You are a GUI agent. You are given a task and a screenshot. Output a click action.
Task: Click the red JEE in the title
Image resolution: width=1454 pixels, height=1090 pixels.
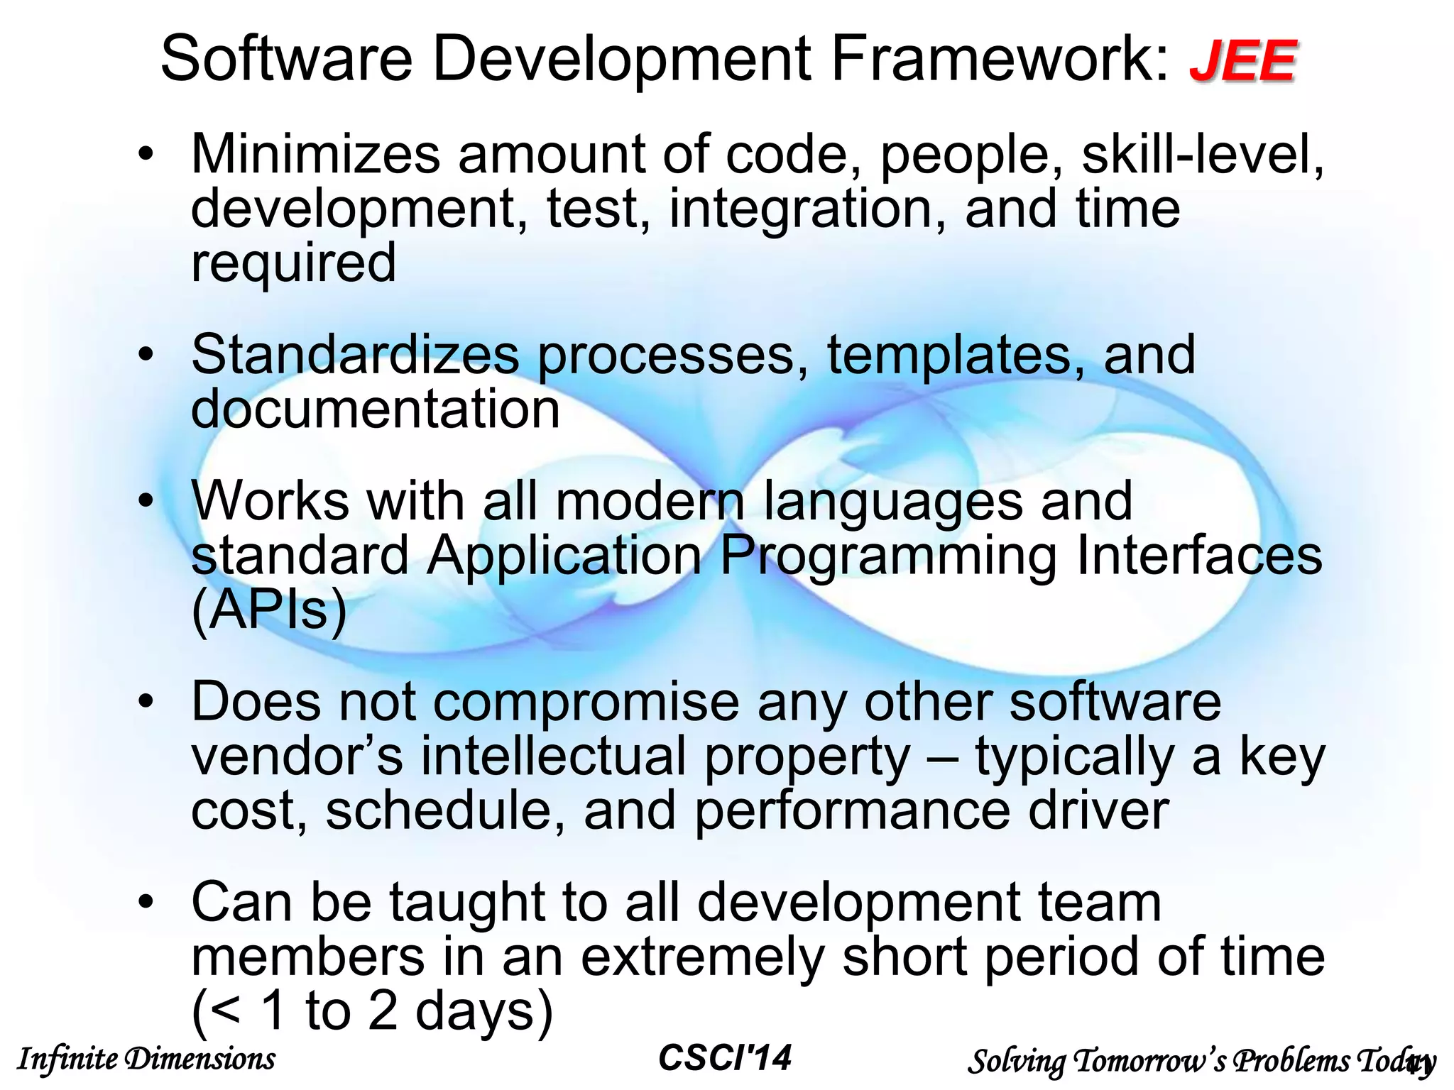point(1242,62)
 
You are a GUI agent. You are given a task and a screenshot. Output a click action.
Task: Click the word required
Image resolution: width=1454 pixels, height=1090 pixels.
point(293,264)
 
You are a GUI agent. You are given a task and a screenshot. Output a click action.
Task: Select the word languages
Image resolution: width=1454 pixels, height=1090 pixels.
point(893,502)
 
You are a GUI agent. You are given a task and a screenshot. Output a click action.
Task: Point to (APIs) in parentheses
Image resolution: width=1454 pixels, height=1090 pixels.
point(269,610)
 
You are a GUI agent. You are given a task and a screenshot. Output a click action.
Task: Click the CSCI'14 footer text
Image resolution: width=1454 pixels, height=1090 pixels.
point(724,1058)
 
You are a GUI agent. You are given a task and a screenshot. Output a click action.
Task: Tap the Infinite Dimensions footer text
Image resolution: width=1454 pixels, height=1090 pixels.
point(146,1059)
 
